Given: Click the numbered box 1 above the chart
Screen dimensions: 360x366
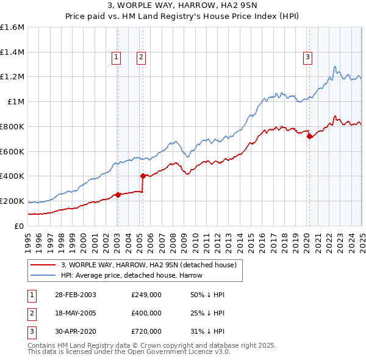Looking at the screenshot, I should click(x=116, y=57).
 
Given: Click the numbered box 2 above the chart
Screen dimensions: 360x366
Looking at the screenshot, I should click(x=141, y=57).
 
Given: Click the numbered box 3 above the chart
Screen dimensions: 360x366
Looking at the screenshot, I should click(x=308, y=57).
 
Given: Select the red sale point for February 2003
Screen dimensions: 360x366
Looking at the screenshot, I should click(x=118, y=195).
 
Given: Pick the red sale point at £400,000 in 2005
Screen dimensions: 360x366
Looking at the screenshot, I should click(x=143, y=176).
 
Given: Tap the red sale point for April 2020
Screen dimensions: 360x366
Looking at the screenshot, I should click(x=309, y=136).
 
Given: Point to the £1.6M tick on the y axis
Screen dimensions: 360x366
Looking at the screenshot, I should click(x=12, y=27).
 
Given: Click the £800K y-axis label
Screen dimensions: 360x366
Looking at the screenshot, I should click(x=12, y=126).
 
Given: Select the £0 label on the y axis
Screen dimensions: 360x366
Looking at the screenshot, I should click(x=18, y=225).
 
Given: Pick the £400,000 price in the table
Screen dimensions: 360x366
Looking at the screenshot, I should click(x=146, y=313).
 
